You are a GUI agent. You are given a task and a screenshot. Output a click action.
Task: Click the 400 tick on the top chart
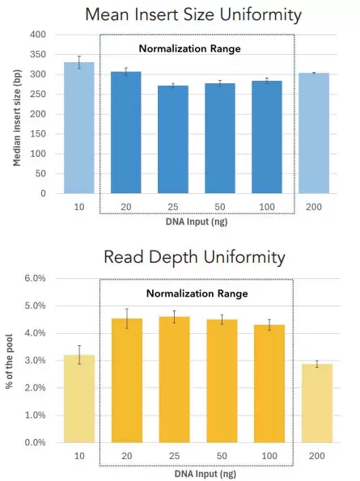38,35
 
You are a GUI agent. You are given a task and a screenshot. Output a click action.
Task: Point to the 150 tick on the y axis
38,134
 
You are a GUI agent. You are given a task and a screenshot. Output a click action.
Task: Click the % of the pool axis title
11,360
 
